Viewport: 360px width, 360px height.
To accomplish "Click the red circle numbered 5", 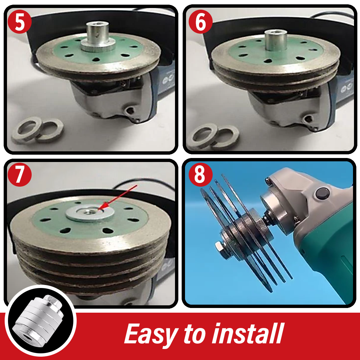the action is (20, 22).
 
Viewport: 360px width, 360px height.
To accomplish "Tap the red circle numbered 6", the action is (200, 22).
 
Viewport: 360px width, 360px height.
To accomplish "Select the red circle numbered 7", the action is (20, 174).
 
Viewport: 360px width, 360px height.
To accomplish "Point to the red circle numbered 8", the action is (200, 174).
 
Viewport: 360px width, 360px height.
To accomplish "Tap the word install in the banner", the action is (248, 333).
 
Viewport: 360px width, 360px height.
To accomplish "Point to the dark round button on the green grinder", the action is (322, 193).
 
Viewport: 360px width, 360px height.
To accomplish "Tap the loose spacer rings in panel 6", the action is (212, 137).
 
